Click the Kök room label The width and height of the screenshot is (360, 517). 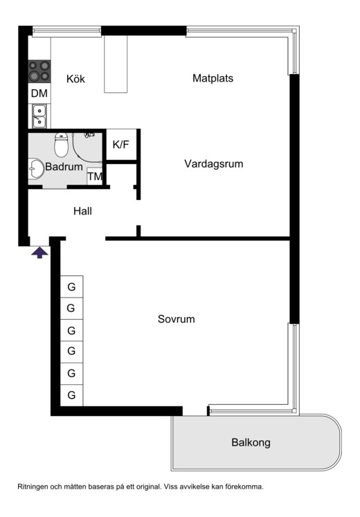point(75,79)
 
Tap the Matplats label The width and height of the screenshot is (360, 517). point(213,78)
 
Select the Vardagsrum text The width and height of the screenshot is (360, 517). point(214,164)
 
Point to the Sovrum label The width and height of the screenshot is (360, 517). point(176,319)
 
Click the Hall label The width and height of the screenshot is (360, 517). point(82,211)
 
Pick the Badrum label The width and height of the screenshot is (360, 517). point(64,167)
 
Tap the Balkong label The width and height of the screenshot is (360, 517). point(251,442)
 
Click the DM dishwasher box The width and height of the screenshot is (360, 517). point(39,93)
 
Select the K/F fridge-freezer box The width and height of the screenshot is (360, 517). point(120,145)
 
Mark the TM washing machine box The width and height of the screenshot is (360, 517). point(95,177)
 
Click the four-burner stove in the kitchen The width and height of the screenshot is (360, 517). point(39,71)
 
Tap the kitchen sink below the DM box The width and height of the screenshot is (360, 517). point(39,115)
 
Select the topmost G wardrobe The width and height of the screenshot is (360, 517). point(71,286)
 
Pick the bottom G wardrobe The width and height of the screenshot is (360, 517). point(71,395)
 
